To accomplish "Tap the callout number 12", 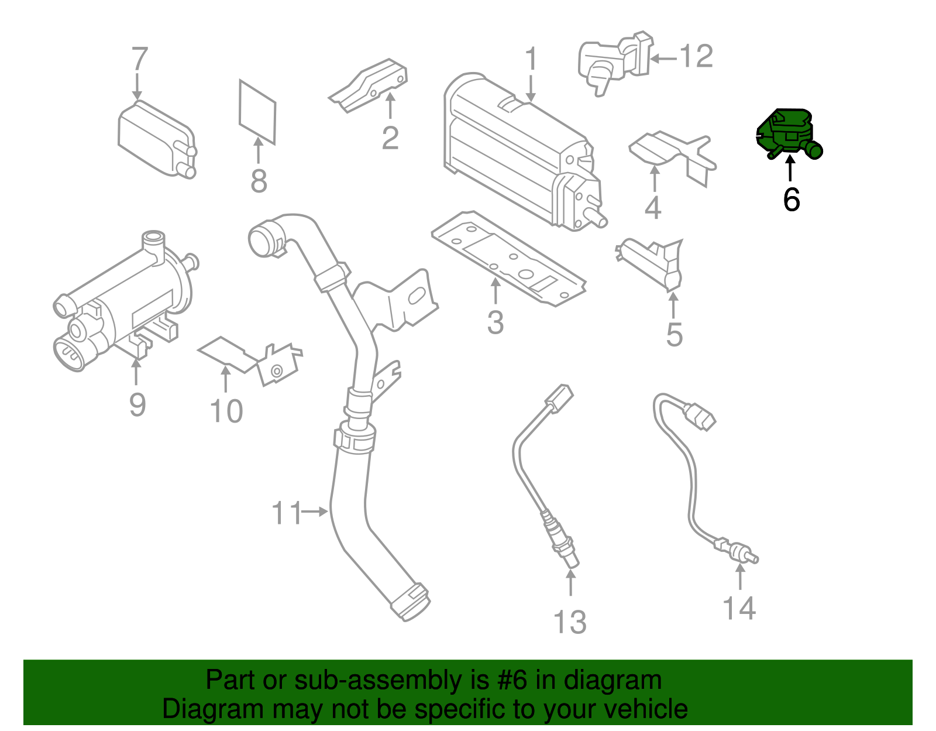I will coord(696,57).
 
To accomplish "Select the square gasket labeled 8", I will coord(257,111).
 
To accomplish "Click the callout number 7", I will coord(139,59).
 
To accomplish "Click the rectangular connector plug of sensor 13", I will coord(559,398).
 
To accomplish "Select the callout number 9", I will coord(137,404).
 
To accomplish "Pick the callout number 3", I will coord(495,322).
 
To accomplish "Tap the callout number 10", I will coord(226,411).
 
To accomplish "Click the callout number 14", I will coord(739,608).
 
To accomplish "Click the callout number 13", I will coord(570,622).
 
